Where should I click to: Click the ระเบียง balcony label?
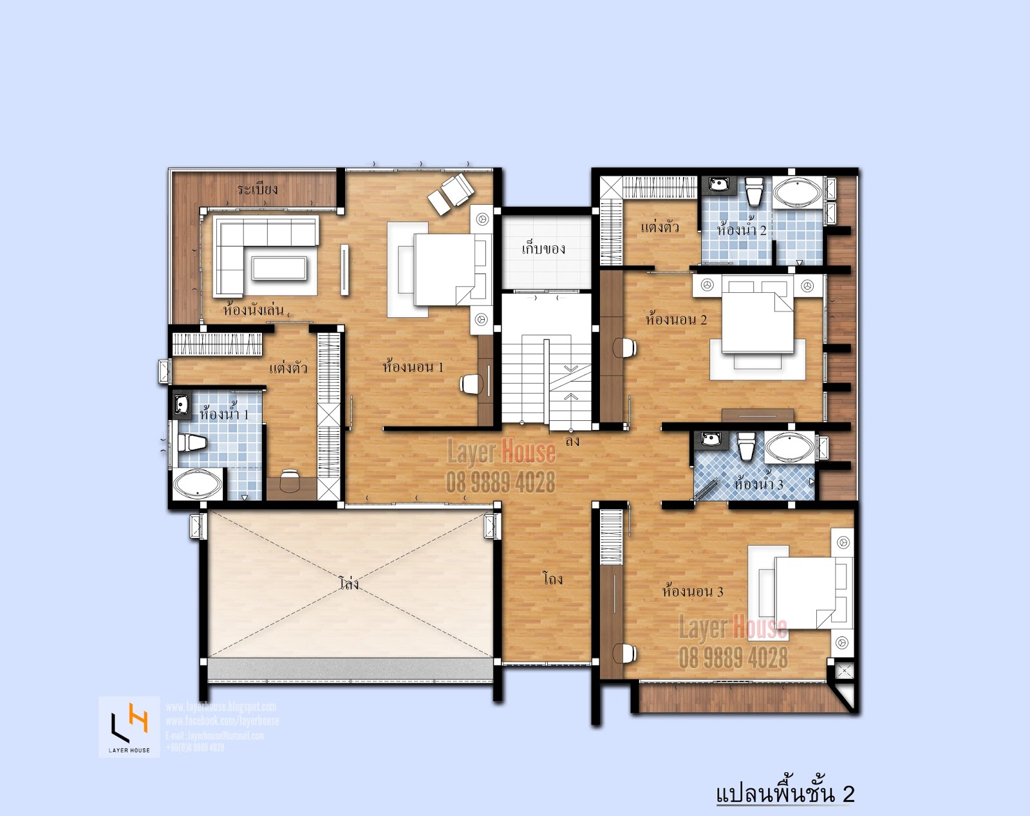pyautogui.click(x=257, y=189)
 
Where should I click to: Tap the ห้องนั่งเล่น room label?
pyautogui.click(x=253, y=310)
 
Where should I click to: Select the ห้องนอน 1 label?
pyautogui.click(x=413, y=367)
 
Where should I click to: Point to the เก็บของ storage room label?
pyautogui.click(x=543, y=248)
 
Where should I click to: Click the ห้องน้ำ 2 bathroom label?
pyautogui.click(x=742, y=229)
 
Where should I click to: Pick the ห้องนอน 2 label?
pyautogui.click(x=676, y=319)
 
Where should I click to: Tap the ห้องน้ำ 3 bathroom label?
pyautogui.click(x=758, y=483)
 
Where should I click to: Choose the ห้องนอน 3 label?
pyautogui.click(x=693, y=591)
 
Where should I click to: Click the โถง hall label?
pyautogui.click(x=552, y=579)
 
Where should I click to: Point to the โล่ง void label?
pyautogui.click(x=348, y=584)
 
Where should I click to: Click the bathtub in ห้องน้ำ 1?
pyautogui.click(x=197, y=485)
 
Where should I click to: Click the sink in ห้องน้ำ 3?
pyautogui.click(x=710, y=440)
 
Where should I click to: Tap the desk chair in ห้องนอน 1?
pyautogui.click(x=471, y=385)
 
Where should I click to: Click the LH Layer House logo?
pyautogui.click(x=129, y=727)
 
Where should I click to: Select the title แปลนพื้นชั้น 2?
pyautogui.click(x=785, y=793)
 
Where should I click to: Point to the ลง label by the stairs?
pyautogui.click(x=572, y=441)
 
